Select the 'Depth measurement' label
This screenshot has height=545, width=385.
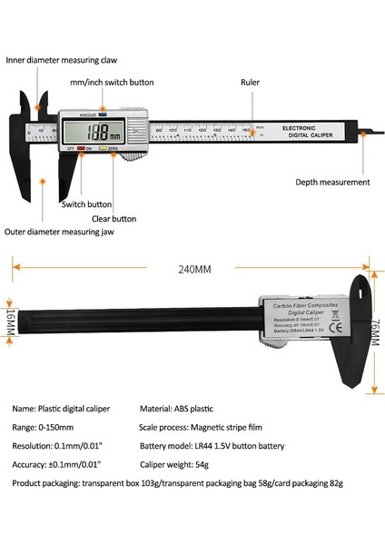(332, 182)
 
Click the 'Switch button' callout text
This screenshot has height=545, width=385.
(86, 204)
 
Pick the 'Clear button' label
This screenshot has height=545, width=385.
(114, 219)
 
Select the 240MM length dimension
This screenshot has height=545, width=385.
(192, 269)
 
